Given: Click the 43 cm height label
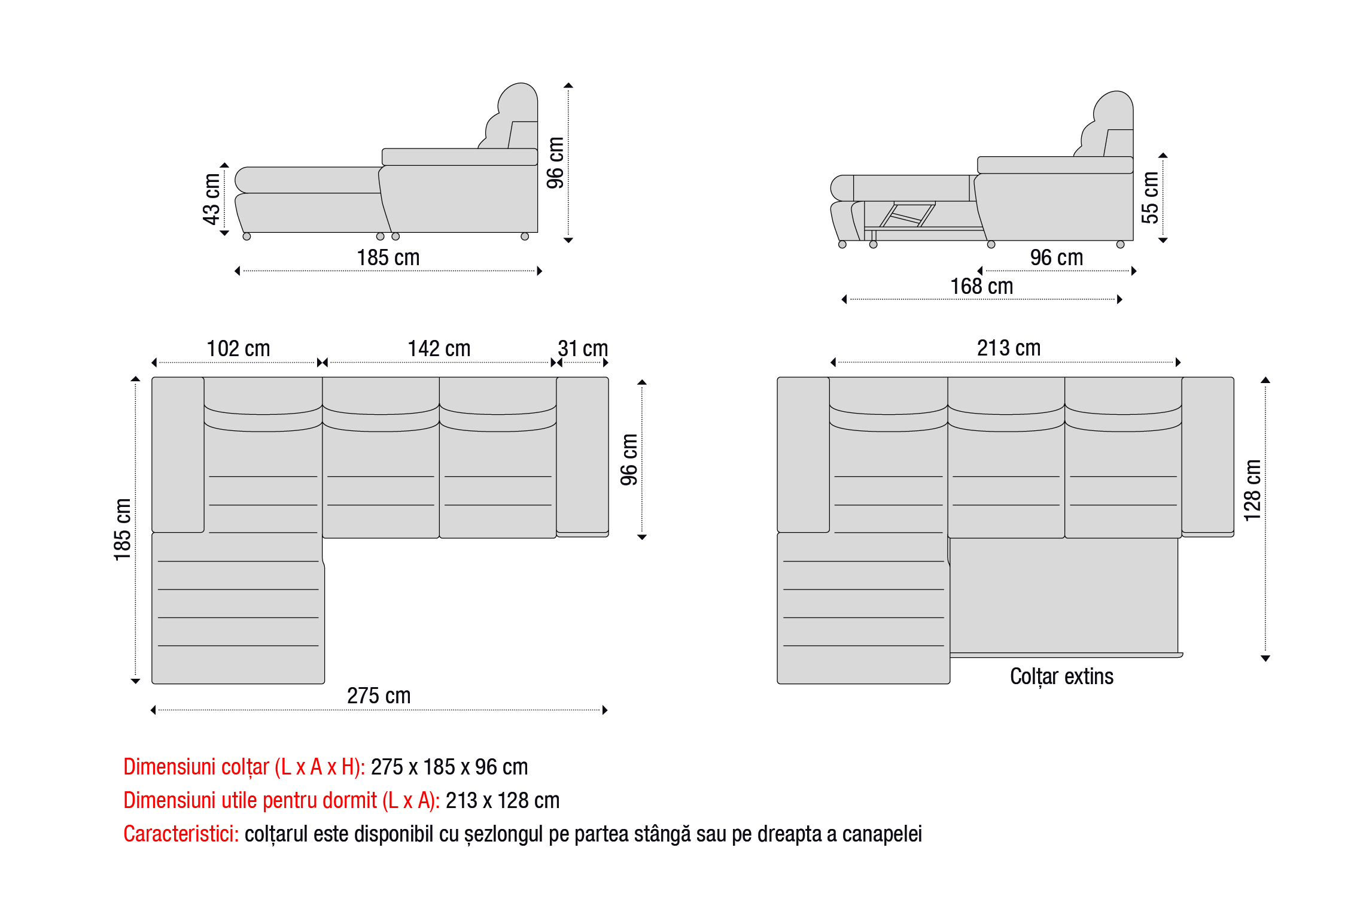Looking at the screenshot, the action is tap(212, 199).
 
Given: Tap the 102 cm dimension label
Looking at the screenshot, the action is tap(238, 348).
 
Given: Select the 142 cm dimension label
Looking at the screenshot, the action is tap(439, 348).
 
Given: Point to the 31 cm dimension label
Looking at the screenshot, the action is tap(583, 348).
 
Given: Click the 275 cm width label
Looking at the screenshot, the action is tap(379, 696).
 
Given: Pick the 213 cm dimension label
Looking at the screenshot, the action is tap(1009, 348).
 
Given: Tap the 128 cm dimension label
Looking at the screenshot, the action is tap(1252, 490).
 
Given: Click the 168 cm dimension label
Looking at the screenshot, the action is tap(982, 286).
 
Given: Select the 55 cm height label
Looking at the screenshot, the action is tap(1150, 198).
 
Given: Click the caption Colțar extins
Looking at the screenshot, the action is tap(1062, 677).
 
